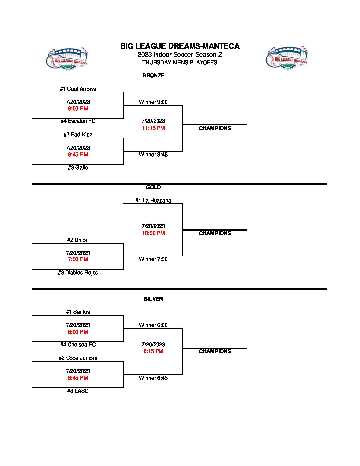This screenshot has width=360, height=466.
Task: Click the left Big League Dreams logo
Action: (x=67, y=58)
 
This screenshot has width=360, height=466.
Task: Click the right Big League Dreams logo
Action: (x=287, y=58)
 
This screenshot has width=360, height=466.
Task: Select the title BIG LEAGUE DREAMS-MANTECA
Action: (x=180, y=46)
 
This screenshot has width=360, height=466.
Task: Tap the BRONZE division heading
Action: (x=153, y=75)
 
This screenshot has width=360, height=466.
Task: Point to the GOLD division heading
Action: (x=153, y=187)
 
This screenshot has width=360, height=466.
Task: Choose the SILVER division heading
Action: (x=153, y=299)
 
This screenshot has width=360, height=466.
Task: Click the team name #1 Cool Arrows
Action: (x=78, y=89)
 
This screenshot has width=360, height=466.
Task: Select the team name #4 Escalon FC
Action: (x=78, y=121)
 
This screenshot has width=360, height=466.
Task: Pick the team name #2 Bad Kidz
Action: (x=78, y=134)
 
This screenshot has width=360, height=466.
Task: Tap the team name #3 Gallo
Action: (x=78, y=168)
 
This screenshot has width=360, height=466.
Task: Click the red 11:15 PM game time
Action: (x=153, y=128)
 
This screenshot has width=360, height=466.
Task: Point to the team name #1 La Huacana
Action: (x=153, y=200)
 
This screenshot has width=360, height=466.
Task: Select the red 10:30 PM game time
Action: (x=153, y=233)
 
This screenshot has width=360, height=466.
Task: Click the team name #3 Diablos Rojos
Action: (x=78, y=273)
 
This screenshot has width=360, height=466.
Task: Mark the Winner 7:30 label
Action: (x=153, y=259)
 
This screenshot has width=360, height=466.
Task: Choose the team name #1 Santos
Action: (x=78, y=312)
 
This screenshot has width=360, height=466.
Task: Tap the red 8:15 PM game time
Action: (x=153, y=351)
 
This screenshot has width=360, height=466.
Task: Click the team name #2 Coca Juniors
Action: (x=78, y=358)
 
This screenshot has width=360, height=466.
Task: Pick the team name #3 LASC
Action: (x=78, y=391)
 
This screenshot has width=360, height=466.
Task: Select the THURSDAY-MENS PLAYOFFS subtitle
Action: (x=180, y=62)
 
